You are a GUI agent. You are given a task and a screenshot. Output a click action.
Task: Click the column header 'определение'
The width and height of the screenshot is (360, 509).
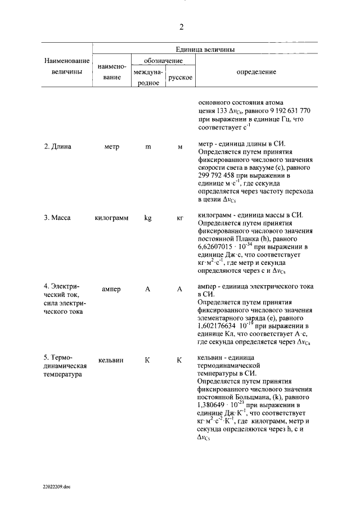pos(256,72)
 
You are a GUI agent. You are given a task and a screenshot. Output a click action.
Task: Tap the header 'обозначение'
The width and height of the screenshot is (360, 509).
pos(163,60)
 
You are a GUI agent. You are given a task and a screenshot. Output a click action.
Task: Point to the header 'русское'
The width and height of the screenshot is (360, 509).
pos(180,77)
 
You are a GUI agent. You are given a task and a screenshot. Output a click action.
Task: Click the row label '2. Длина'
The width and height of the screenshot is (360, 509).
pos(58,146)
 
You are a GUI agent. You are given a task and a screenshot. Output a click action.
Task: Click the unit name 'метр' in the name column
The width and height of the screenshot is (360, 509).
pos(112,146)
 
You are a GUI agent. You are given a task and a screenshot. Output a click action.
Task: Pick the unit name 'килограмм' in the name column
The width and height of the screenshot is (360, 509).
pos(112,217)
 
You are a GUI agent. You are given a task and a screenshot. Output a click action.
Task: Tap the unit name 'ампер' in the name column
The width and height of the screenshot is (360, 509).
pos(111,289)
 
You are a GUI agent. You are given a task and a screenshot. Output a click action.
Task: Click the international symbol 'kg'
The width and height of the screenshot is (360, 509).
pos(148,217)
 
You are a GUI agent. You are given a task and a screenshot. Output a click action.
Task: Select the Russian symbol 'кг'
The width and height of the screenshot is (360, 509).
pos(180,217)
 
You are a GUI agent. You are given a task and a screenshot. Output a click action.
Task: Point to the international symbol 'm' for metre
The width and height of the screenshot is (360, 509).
pos(148,146)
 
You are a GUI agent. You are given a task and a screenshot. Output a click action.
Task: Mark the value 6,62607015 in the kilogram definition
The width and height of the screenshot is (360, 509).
pos(220,246)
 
